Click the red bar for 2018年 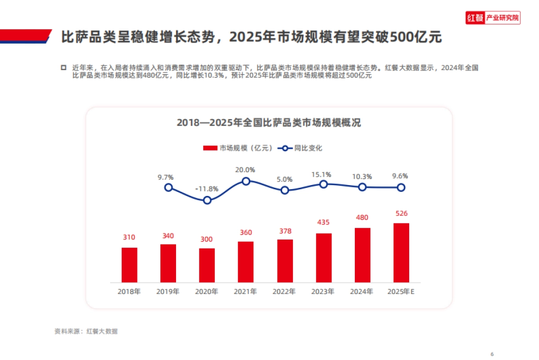[x=129, y=265]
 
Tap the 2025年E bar [x=401, y=253]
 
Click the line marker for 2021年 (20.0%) [x=246, y=181]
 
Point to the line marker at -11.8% [x=207, y=200]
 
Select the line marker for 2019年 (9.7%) [x=168, y=187]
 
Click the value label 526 [x=402, y=213]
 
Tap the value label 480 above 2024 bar [x=362, y=218]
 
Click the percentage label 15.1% [x=323, y=174]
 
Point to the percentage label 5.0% [x=285, y=179]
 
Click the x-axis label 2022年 [x=284, y=291]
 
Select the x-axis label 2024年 [x=362, y=291]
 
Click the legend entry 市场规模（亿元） [x=238, y=148]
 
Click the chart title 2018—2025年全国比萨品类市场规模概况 [x=269, y=123]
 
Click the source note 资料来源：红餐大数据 [x=86, y=332]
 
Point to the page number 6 [x=492, y=353]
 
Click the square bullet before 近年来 [x=63, y=67]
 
